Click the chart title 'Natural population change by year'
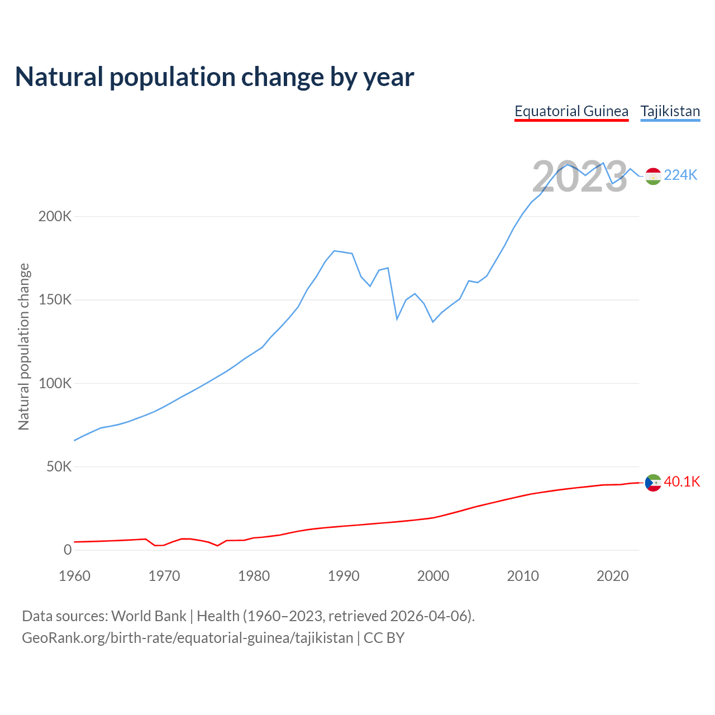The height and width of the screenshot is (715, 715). pos(214,77)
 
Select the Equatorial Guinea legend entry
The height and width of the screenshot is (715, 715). pos(571,111)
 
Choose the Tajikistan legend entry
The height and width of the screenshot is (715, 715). pos(670,111)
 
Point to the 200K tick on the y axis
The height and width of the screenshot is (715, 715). pos(55,216)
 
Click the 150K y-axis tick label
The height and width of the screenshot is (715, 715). pos(55,300)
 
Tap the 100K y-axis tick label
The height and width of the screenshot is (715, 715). pos(55,383)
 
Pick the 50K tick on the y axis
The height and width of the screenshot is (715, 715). pos(59,466)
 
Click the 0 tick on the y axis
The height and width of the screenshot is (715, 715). pos(68,550)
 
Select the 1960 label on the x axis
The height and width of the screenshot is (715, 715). pos(74,576)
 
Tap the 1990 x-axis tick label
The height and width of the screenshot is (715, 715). pos(344,576)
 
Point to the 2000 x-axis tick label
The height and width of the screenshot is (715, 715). pos(433,576)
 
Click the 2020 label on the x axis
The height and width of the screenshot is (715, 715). pos(613,576)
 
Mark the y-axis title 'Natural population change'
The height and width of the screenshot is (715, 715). pos(24,346)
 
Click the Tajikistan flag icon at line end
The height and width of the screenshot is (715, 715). pos(653,176)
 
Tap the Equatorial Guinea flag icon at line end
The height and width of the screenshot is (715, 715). pos(653,483)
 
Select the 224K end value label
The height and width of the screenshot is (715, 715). pos(680,175)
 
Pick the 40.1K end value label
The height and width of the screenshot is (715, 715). pos(681,482)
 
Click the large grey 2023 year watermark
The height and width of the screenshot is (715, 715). pos(579,177)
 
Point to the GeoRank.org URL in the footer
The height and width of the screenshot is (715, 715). pos(187,638)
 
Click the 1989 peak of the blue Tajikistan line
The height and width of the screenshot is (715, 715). pos(334,251)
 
